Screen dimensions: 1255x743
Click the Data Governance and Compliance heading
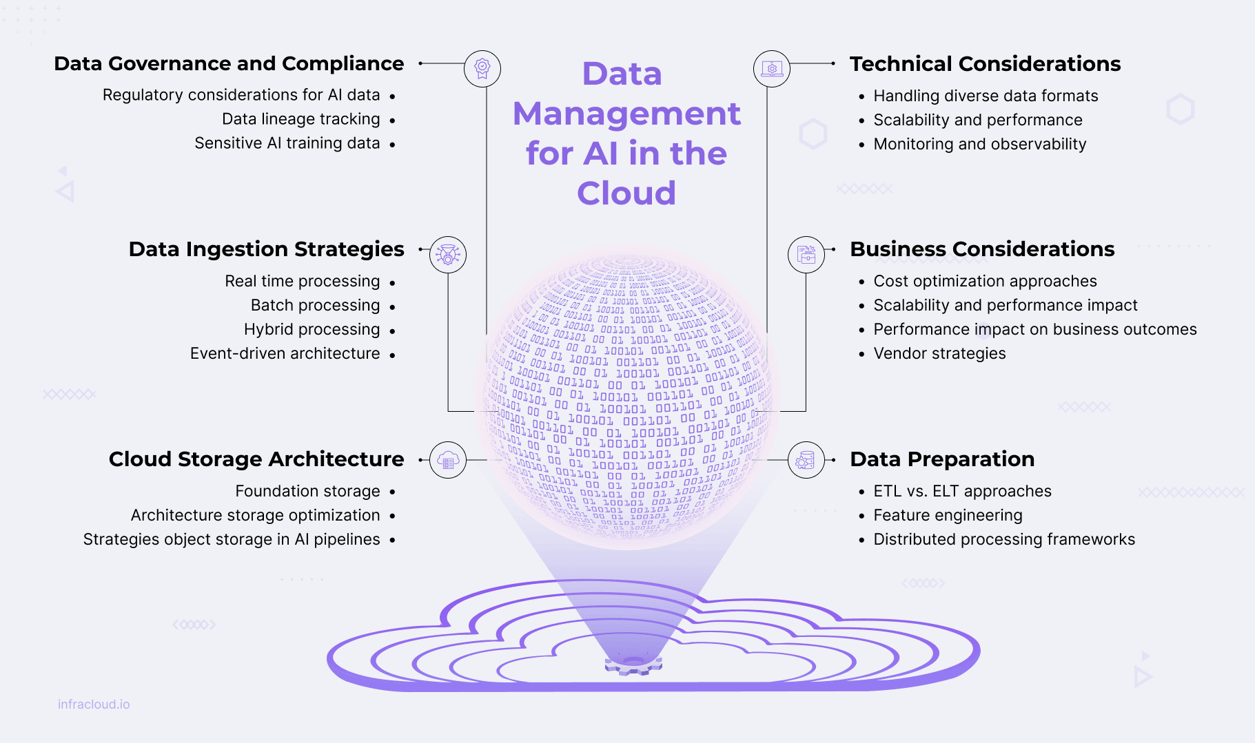(229, 63)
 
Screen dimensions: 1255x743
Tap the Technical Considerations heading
(985, 63)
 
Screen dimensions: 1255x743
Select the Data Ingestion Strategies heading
(266, 249)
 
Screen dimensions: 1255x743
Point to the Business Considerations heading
(982, 249)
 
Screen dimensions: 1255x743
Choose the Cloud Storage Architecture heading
(256, 459)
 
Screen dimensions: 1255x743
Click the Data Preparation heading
(942, 459)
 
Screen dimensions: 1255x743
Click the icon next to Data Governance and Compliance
(482, 69)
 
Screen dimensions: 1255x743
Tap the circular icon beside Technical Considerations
(772, 69)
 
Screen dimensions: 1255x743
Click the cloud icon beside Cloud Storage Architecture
(448, 460)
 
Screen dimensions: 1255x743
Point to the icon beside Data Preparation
(806, 460)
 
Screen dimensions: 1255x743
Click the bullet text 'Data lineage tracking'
(300, 119)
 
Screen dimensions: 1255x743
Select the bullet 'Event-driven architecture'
(285, 353)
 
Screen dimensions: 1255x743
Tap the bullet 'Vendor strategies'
(939, 353)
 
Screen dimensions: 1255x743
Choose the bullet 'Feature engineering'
(948, 515)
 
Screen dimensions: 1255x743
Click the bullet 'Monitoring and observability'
(979, 144)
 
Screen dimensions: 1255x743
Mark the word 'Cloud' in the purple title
(626, 193)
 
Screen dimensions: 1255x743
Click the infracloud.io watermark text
(94, 704)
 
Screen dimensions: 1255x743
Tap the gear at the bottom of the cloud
(633, 666)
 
